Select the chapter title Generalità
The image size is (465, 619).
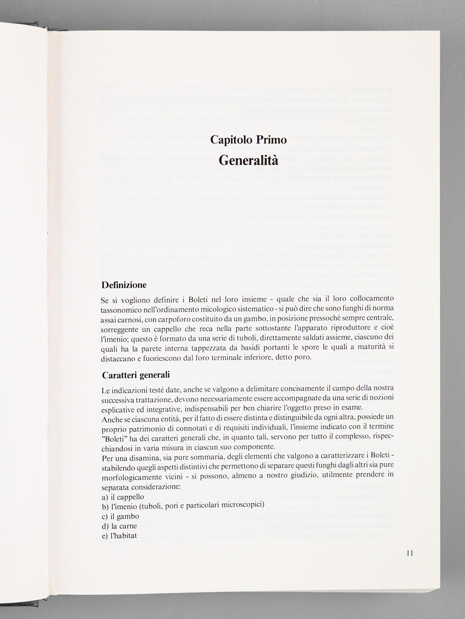[x=248, y=159]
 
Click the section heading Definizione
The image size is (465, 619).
[x=124, y=286]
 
